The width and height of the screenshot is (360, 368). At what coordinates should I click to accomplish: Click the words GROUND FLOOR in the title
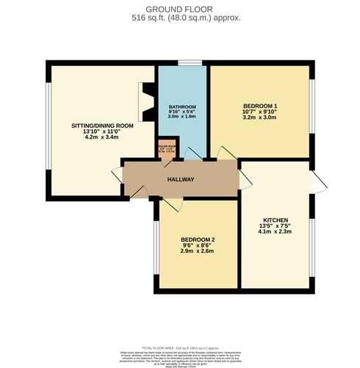point(180,7)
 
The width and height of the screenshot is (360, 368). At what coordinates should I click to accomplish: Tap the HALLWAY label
point(180,179)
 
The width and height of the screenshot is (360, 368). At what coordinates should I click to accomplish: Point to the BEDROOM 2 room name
point(197,239)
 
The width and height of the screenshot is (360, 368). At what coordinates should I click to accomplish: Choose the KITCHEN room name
point(276,220)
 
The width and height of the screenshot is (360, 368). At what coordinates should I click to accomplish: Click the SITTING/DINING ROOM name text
point(102,126)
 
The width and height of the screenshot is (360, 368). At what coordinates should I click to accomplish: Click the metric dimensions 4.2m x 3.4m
point(102,137)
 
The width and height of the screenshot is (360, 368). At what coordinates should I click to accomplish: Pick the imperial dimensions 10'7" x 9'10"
point(259,115)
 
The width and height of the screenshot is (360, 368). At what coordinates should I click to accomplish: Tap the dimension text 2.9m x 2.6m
point(197,250)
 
